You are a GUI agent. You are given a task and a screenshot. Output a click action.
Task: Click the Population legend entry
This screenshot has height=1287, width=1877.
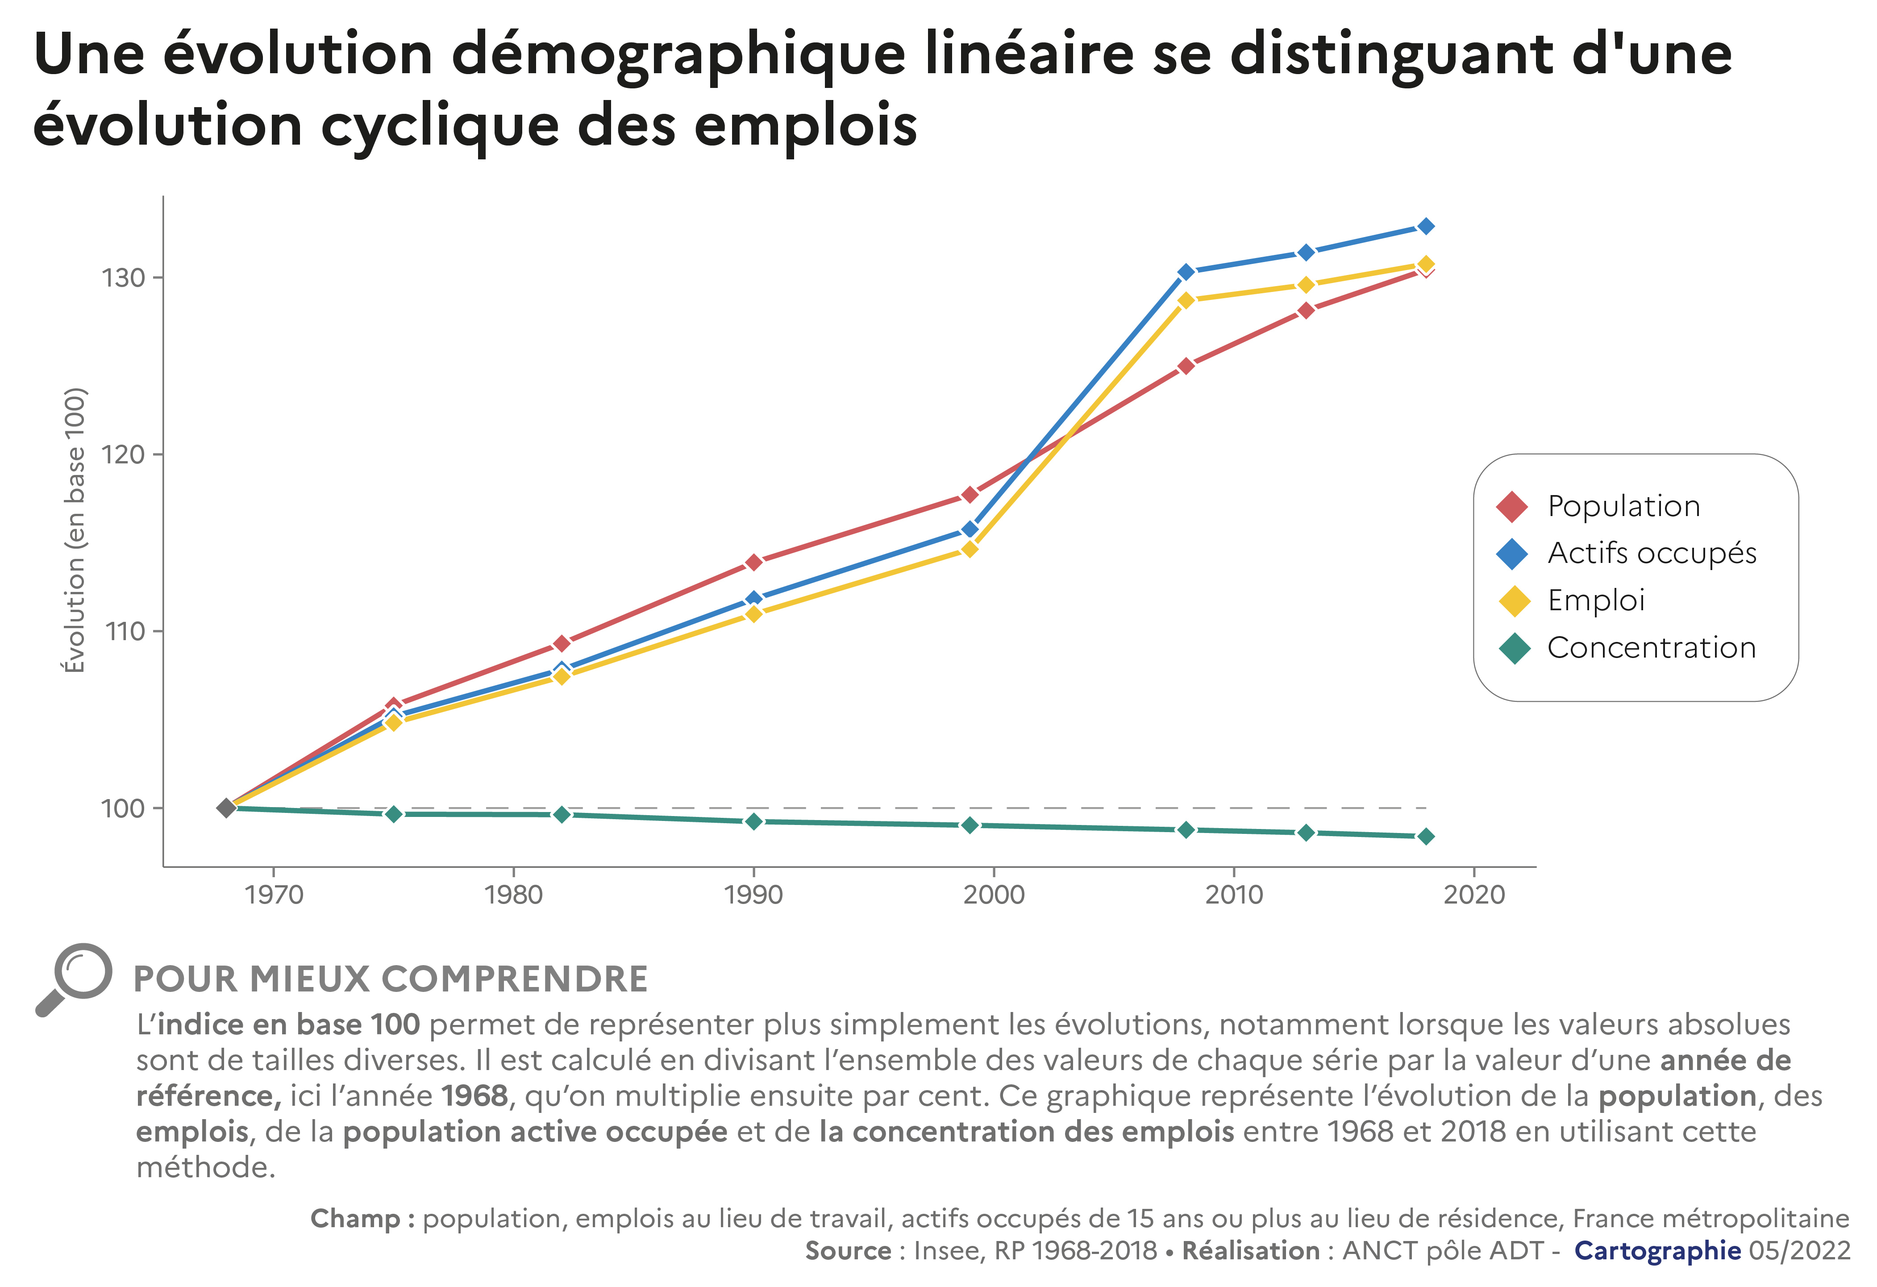pos(1623,507)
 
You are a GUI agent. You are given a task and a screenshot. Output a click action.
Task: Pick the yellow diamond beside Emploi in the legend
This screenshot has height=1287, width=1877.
pos(1514,601)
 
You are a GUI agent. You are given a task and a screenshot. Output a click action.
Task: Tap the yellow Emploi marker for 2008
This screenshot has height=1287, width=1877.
pos(1186,300)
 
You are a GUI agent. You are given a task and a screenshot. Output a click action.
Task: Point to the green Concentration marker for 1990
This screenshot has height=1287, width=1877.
pos(753,822)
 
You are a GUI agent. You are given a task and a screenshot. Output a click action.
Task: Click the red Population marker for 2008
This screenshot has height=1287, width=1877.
pos(1186,366)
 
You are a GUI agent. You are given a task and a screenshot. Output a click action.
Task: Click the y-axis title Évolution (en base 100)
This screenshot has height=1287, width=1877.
pos(74,530)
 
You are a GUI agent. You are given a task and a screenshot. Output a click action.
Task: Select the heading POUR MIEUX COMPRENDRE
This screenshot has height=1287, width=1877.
pos(390,979)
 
